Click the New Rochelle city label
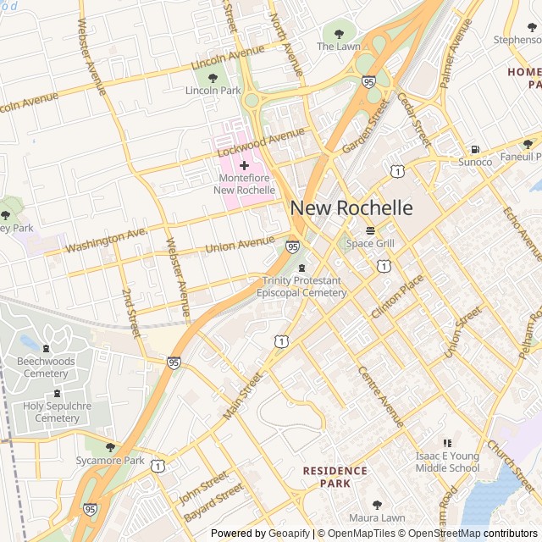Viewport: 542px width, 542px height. pos(351,207)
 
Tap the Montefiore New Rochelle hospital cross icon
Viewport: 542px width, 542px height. pos(245,165)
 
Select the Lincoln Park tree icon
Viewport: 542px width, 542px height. pos(213,79)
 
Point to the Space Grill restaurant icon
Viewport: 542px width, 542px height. pos(370,230)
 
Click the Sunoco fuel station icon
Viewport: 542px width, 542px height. pos(475,149)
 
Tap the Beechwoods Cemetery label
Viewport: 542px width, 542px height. pos(46,368)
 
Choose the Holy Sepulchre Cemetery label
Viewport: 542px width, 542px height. pos(51,412)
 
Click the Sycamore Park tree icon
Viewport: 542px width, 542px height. pos(110,447)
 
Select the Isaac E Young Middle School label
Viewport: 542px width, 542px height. pos(447,462)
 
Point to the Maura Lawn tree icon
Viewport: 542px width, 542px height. pos(377,505)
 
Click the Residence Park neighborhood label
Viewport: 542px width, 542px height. pos(335,477)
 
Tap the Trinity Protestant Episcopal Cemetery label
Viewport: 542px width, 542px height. pos(304,287)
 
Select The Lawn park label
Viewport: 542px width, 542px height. pos(339,47)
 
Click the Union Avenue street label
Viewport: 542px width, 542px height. pos(240,246)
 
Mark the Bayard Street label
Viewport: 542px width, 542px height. pos(213,503)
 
